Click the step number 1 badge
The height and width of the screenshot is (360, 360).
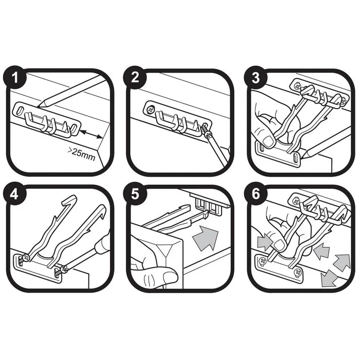point(18,79)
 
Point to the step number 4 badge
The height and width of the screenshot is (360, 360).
point(18,196)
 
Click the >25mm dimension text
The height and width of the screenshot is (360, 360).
point(81,152)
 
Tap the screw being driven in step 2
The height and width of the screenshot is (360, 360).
point(206,129)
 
